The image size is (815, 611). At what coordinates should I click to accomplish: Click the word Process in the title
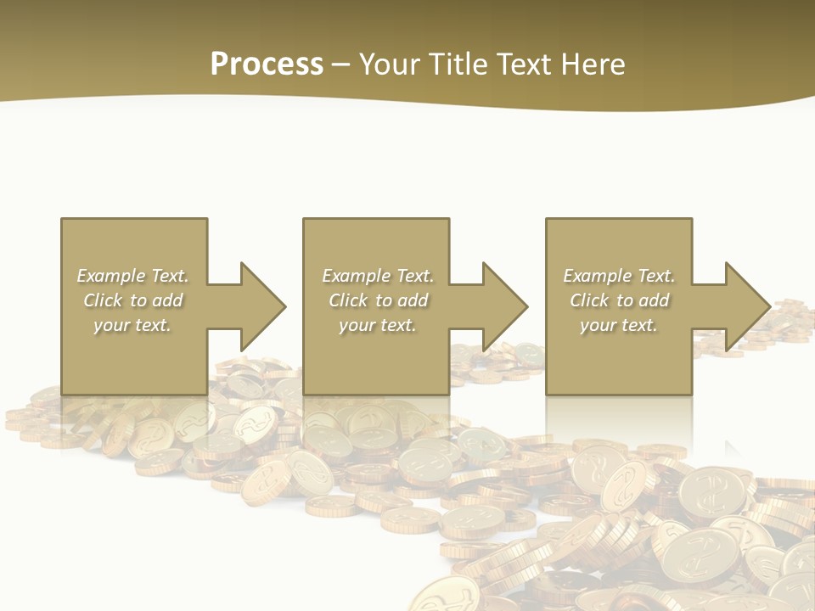tap(267, 64)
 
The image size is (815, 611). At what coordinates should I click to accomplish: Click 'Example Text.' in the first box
tap(132, 276)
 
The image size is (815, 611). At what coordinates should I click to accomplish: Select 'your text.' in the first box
tap(132, 325)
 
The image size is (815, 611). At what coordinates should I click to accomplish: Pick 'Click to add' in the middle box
tap(378, 300)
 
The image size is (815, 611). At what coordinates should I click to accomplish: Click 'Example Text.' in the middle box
tap(378, 276)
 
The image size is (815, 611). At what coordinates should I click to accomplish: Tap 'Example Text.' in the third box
tap(619, 276)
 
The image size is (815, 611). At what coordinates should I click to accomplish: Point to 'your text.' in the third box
tap(619, 325)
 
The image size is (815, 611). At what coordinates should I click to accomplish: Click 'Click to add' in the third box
tap(619, 300)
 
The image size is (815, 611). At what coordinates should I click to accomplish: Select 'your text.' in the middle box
tap(378, 325)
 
